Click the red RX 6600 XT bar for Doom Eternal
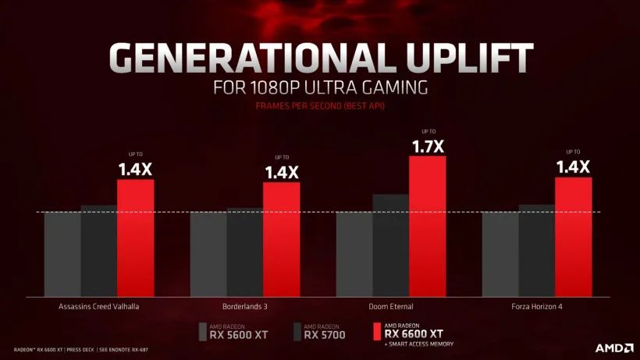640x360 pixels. pyautogui.click(x=427, y=226)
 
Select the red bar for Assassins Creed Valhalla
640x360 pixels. pyautogui.click(x=135, y=238)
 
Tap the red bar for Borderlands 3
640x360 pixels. pyautogui.click(x=281, y=240)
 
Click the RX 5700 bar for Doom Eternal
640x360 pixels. pyautogui.click(x=390, y=245)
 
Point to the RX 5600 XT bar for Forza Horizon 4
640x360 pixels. pyautogui.click(x=500, y=254)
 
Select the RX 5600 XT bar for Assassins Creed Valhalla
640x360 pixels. pyautogui.click(x=62, y=254)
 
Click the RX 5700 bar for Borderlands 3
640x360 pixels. pyautogui.click(x=244, y=251)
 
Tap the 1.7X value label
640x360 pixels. pyautogui.click(x=427, y=145)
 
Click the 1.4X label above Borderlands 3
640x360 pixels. pyautogui.click(x=281, y=172)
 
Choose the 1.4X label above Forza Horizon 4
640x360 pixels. pyautogui.click(x=573, y=166)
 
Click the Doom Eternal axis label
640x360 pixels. pyautogui.click(x=390, y=306)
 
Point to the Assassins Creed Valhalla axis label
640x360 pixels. pyautogui.click(x=99, y=306)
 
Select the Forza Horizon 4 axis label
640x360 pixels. pyautogui.click(x=536, y=306)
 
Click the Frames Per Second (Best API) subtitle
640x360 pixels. pyautogui.click(x=320, y=105)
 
